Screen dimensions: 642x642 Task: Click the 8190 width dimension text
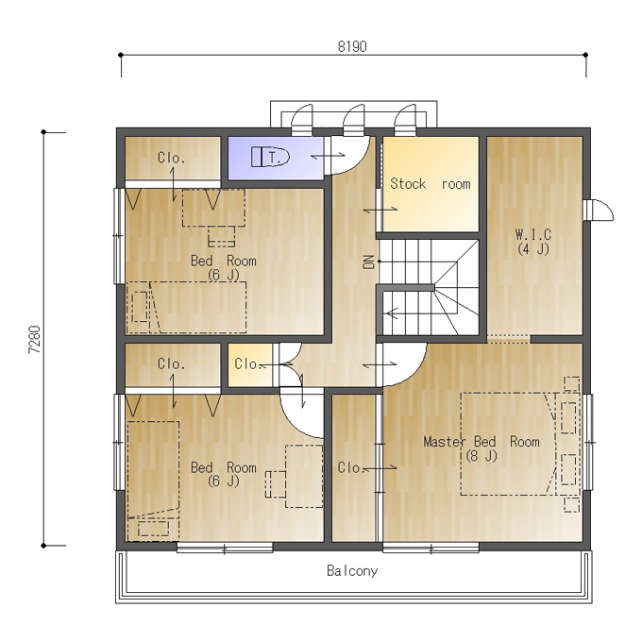tap(352, 46)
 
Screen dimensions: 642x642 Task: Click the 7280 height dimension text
tap(35, 340)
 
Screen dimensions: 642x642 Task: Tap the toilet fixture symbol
tap(270, 157)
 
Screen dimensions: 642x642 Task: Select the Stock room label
tap(431, 184)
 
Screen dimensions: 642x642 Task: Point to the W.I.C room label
tap(533, 234)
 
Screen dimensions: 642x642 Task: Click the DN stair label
tap(369, 262)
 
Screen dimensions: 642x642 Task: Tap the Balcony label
tap(352, 571)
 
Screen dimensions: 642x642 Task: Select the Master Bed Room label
tap(481, 442)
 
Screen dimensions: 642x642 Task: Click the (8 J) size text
tap(481, 456)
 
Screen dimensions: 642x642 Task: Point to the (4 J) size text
tap(533, 249)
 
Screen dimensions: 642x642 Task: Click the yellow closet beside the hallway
tap(250, 364)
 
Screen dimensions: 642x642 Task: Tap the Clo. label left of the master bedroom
tap(350, 467)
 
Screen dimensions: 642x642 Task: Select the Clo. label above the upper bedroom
tap(171, 158)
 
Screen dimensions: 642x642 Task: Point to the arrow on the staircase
tap(392, 313)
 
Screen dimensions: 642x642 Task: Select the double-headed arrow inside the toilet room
tap(328, 156)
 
